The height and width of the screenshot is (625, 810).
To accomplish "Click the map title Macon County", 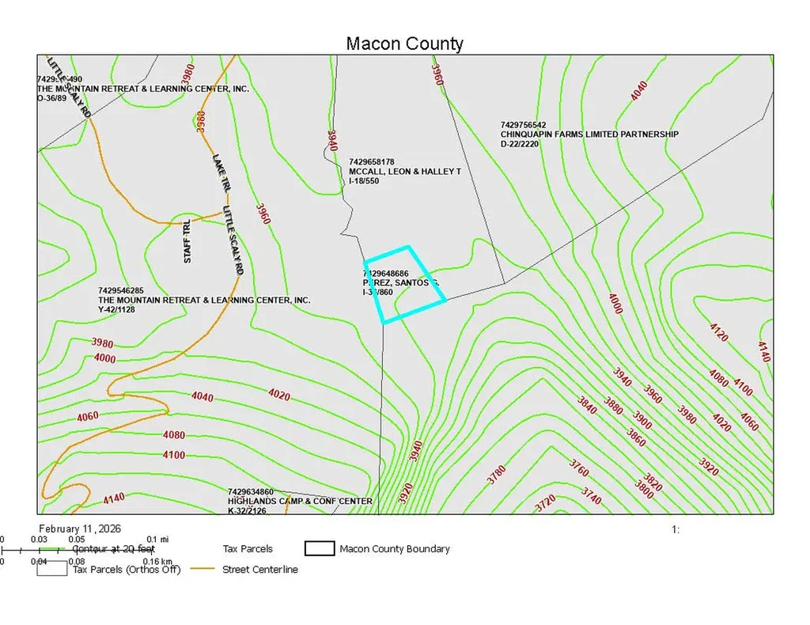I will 404,43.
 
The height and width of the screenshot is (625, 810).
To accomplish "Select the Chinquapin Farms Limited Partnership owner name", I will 589,134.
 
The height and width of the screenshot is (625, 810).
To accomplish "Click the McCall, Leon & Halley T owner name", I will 404,171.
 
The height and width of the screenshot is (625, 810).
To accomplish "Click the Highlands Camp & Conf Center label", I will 300,502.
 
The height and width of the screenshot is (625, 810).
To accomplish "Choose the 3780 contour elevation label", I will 496,475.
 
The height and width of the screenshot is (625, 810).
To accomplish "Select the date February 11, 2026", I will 79,528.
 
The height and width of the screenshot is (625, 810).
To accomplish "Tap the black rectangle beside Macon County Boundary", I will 319,548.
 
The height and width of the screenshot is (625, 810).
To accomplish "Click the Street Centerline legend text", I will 259,569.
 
